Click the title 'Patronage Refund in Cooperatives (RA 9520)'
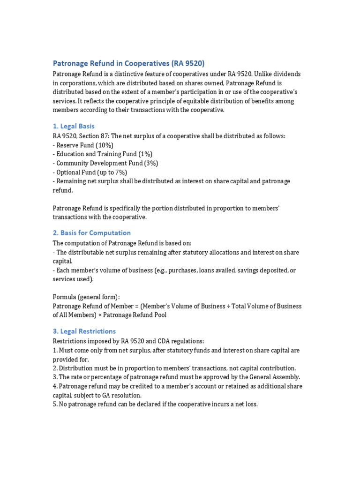(128, 63)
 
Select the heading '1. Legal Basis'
(74, 126)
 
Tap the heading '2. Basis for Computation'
(91, 233)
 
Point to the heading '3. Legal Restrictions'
(84, 331)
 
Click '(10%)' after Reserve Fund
(103, 145)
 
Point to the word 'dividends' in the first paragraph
(287, 75)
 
